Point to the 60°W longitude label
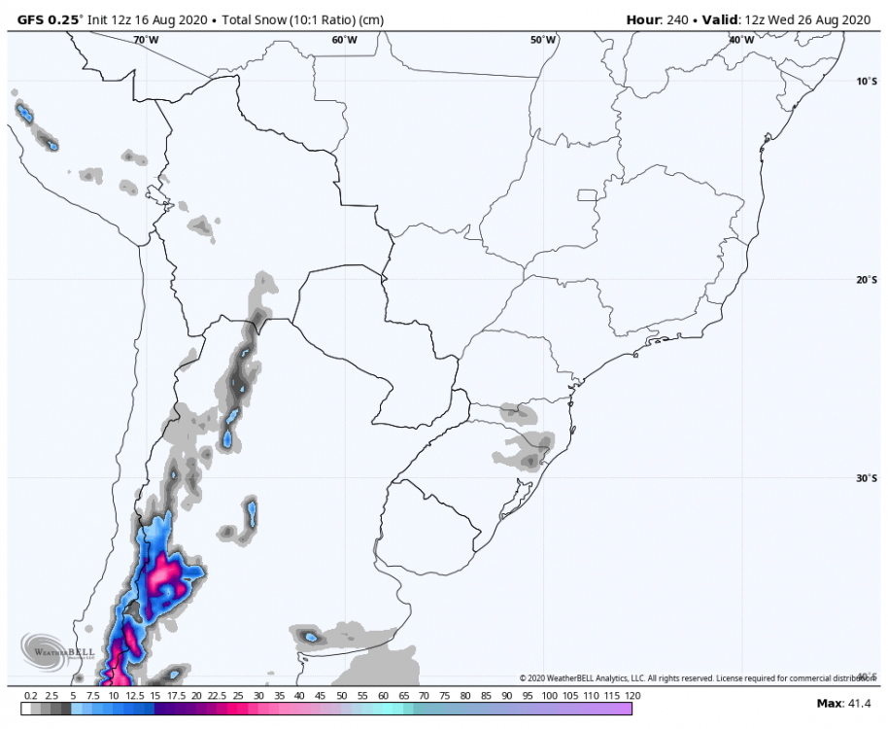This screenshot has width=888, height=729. [x=343, y=40]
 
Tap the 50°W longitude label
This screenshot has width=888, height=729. [x=543, y=40]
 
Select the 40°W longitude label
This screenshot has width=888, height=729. [x=741, y=40]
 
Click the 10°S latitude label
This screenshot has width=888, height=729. [x=867, y=82]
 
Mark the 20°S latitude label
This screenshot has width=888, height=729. [x=867, y=280]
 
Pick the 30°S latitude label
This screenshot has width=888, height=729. [x=867, y=478]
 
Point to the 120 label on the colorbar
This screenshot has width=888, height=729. [x=632, y=696]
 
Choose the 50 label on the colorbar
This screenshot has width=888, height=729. [x=342, y=696]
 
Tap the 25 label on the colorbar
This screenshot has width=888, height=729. [x=238, y=696]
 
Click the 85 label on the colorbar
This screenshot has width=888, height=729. [x=488, y=696]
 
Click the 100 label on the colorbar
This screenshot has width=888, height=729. [x=549, y=696]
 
